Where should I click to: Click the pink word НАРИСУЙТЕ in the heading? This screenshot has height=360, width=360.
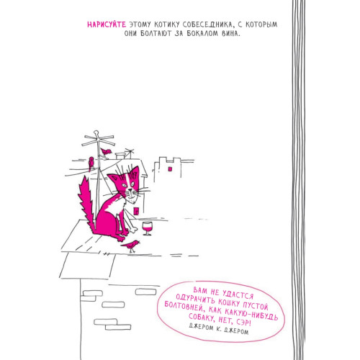107,24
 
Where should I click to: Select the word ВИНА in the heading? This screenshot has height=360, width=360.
231,34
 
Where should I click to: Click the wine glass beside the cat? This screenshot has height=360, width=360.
147,228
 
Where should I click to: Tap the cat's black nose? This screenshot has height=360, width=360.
130,190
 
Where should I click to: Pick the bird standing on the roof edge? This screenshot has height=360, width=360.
130,246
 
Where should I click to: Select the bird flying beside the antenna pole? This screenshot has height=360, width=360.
106,152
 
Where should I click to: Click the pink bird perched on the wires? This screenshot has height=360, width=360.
91,163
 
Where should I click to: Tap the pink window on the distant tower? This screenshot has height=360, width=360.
170,169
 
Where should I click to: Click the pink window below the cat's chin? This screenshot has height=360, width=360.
136,211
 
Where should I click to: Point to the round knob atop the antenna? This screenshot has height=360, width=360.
96,132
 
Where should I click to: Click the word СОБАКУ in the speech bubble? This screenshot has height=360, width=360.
202,318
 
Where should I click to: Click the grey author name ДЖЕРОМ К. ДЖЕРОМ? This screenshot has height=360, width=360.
219,328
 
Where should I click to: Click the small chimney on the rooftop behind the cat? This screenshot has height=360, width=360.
120,156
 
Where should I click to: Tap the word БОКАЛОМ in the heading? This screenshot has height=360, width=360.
203,34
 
